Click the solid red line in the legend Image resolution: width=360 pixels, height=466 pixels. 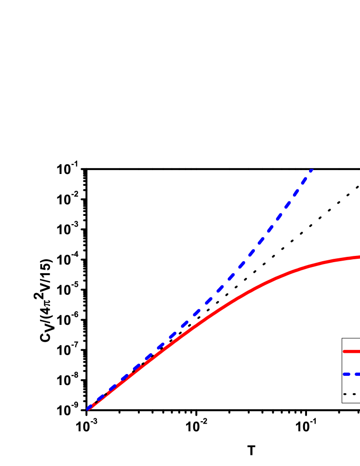tap(352, 351)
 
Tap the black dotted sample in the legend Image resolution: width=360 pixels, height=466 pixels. tap(349, 394)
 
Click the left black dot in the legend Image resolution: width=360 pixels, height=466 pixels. tap(345, 394)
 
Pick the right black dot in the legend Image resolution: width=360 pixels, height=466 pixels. tap(354, 394)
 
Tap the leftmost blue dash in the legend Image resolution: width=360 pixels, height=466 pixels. tap(347, 374)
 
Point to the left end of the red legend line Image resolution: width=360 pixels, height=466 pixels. tap(344, 351)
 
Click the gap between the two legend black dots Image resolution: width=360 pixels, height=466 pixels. tap(349, 394)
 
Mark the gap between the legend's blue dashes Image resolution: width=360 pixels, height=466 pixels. tap(353, 374)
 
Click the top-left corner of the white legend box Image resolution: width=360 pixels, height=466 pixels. tap(343, 339)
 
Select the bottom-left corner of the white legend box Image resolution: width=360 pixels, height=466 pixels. tap(343, 402)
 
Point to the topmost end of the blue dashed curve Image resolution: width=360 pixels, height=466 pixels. tap(312, 170)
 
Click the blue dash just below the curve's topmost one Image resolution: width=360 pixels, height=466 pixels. tap(304, 180)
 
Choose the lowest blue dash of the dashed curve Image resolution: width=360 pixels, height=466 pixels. tap(90, 408)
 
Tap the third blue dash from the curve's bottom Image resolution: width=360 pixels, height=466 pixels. tap(112, 388)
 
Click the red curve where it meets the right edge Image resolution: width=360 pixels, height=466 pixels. tap(359, 257)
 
